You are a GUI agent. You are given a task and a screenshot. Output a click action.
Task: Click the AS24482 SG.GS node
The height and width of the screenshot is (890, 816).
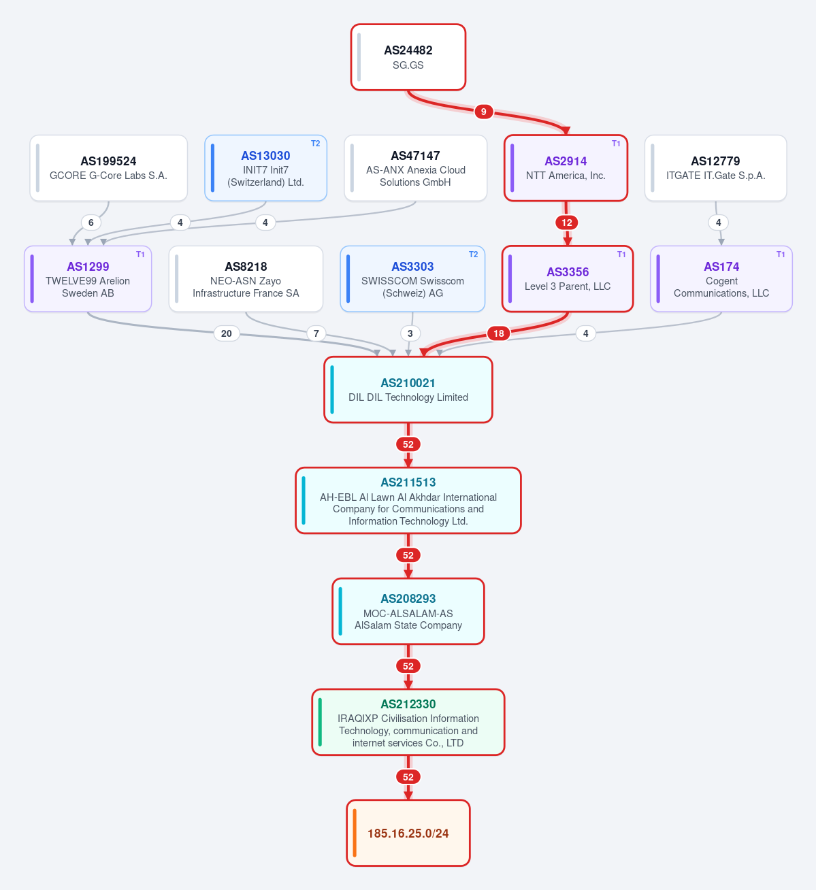(x=408, y=57)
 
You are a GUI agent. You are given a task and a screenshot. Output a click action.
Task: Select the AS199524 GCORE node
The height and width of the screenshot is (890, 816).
(x=108, y=168)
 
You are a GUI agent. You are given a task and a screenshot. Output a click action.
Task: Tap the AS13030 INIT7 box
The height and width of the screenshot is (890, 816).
(x=265, y=168)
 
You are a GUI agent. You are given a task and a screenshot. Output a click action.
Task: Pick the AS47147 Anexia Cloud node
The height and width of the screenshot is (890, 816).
(x=416, y=168)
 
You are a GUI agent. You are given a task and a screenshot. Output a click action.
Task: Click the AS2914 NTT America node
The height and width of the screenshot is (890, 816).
(x=566, y=168)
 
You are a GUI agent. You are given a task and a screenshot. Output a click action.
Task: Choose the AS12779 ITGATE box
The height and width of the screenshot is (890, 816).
(x=716, y=168)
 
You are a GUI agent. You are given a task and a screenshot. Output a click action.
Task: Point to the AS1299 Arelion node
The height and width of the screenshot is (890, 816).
(x=88, y=279)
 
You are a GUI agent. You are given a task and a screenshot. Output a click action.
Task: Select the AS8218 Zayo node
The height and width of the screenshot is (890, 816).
(x=246, y=279)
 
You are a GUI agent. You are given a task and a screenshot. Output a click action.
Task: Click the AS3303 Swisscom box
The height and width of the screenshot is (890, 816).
(x=412, y=279)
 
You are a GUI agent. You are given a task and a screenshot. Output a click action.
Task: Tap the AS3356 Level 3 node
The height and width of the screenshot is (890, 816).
(x=568, y=279)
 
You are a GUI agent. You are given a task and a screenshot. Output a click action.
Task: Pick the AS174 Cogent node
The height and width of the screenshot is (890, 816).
(x=721, y=279)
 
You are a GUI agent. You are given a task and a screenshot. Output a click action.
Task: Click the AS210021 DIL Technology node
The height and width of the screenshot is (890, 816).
(x=408, y=390)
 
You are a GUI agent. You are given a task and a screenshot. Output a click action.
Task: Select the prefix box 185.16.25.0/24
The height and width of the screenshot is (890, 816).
(x=408, y=834)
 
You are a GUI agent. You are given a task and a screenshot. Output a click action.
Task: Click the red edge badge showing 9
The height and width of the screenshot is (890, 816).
(x=483, y=112)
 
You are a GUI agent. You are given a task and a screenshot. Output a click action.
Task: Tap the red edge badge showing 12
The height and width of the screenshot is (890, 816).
(x=567, y=222)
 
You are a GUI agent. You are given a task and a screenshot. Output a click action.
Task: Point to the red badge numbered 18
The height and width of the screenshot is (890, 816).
(x=499, y=333)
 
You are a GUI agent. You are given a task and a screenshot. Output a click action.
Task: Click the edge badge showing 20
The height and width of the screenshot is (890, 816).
(x=227, y=333)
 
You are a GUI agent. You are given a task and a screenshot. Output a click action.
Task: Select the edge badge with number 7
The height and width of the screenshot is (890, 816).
(x=316, y=333)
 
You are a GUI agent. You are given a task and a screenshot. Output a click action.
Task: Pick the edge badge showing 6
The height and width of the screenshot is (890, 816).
(x=91, y=222)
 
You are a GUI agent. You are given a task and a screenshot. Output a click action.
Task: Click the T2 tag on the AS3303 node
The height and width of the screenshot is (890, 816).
(x=473, y=254)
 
